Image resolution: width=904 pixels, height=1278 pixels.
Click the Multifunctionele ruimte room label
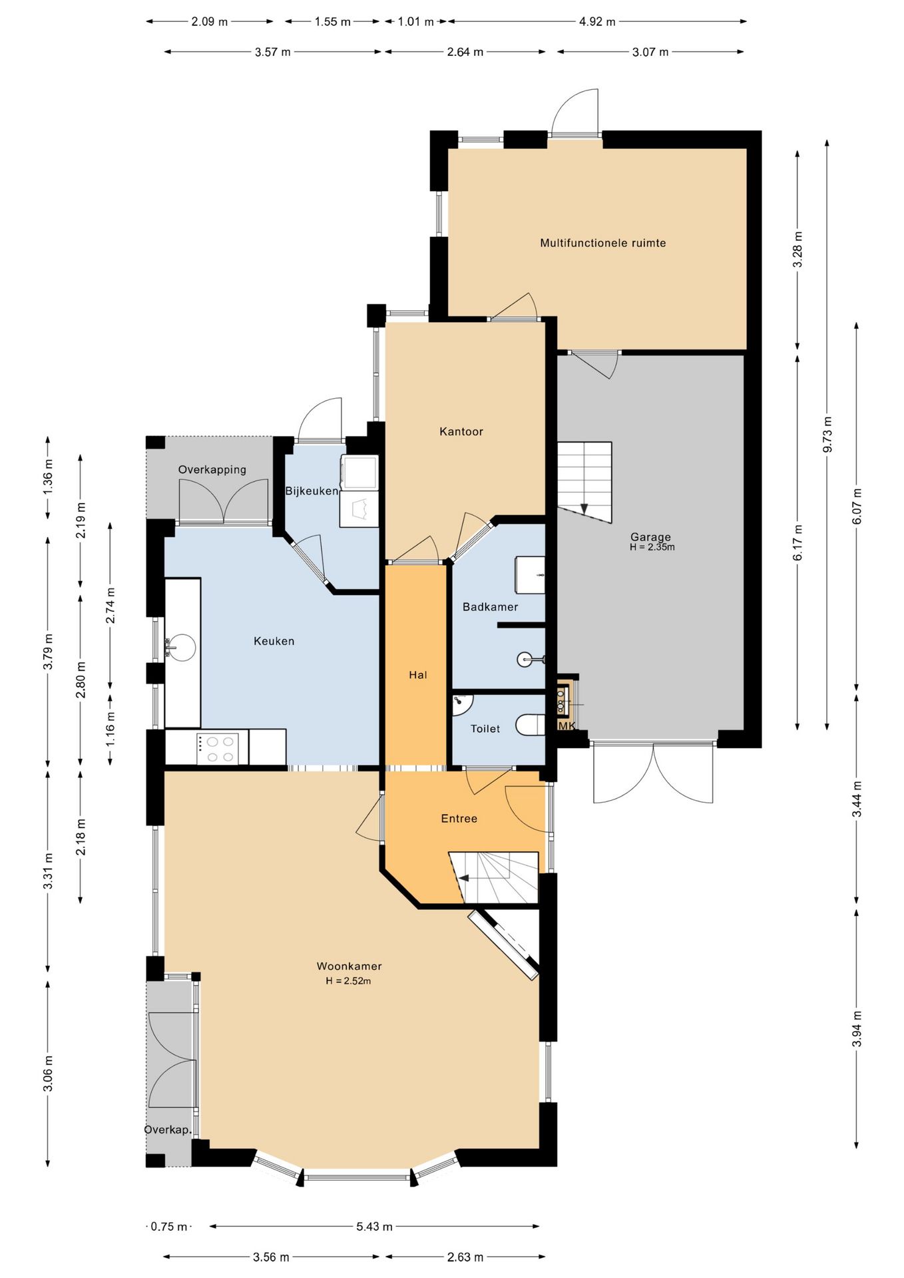click(x=602, y=243)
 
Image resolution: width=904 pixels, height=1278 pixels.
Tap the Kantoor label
click(x=461, y=431)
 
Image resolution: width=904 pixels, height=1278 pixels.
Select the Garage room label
click(x=650, y=536)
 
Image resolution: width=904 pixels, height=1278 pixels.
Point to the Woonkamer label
click(x=349, y=966)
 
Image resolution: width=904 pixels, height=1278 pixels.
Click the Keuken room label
click(x=274, y=641)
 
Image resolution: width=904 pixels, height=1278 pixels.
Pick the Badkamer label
click(x=490, y=606)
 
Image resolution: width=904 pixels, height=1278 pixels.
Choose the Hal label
click(x=418, y=675)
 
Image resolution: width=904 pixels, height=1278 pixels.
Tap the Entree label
click(x=459, y=818)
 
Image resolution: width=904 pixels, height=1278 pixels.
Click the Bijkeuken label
click(x=312, y=491)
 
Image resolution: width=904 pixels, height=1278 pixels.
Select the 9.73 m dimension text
click(x=827, y=434)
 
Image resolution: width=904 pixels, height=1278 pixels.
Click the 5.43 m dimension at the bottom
click(x=374, y=1226)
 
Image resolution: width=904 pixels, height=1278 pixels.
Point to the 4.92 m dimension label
click(x=597, y=21)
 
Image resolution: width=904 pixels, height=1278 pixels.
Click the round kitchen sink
click(x=181, y=646)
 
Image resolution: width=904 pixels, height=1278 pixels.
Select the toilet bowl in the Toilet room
click(x=531, y=726)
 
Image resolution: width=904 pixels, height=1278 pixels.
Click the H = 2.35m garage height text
click(x=652, y=547)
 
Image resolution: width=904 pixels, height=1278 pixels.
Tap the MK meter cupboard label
click(x=566, y=726)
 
